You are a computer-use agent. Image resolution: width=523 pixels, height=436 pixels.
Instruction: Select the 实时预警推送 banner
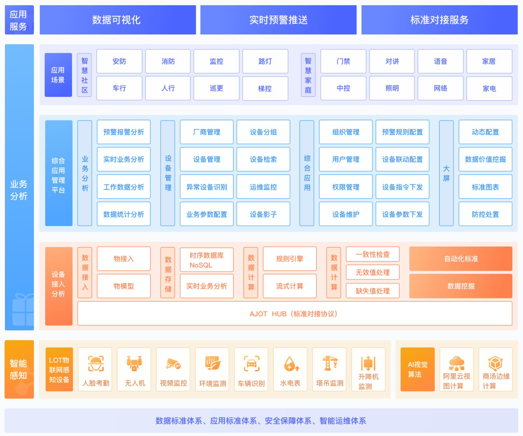(x=278, y=20)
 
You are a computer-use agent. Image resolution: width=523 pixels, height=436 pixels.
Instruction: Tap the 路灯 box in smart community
(x=265, y=61)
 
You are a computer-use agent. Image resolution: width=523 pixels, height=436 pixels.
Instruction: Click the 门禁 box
(x=343, y=61)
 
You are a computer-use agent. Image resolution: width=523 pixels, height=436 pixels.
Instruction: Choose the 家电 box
(x=489, y=88)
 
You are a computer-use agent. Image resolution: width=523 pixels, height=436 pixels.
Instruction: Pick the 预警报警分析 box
(x=124, y=132)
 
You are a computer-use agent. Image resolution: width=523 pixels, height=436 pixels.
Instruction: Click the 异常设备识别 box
(x=207, y=187)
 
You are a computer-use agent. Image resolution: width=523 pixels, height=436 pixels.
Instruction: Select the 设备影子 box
(x=263, y=214)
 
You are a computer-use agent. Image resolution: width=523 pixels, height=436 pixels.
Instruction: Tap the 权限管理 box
(x=346, y=187)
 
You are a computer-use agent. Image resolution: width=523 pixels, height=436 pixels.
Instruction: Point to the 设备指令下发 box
(x=402, y=187)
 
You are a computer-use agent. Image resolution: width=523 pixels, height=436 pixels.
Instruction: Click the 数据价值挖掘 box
(x=485, y=159)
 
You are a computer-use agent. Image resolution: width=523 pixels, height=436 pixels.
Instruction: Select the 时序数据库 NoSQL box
(x=207, y=260)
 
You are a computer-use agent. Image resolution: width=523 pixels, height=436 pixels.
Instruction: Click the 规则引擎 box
(x=289, y=259)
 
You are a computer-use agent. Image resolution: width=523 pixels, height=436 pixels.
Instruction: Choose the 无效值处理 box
(x=372, y=272)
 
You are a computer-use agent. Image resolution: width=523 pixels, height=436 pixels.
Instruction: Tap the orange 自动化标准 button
(x=461, y=259)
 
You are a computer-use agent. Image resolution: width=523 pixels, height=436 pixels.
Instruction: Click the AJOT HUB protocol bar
(x=295, y=314)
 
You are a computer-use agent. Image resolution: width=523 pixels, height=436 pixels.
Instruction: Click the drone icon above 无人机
(x=134, y=363)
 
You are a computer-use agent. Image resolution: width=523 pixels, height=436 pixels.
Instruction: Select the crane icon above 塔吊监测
(x=329, y=363)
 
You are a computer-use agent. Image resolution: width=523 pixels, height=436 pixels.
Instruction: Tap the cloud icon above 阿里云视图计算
(x=456, y=363)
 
